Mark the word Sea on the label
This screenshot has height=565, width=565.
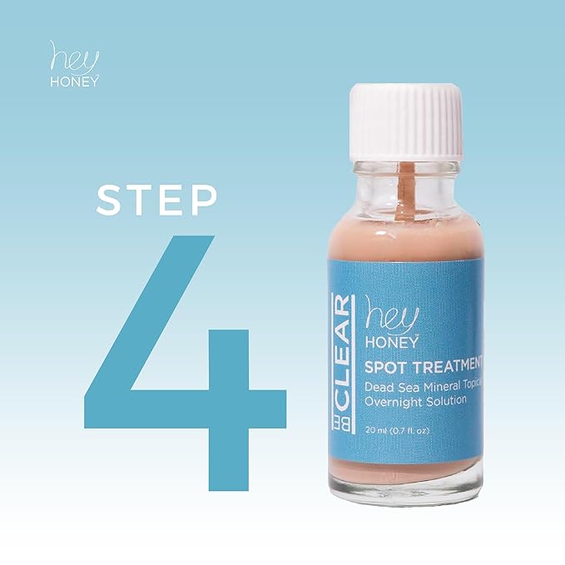(x=413, y=384)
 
